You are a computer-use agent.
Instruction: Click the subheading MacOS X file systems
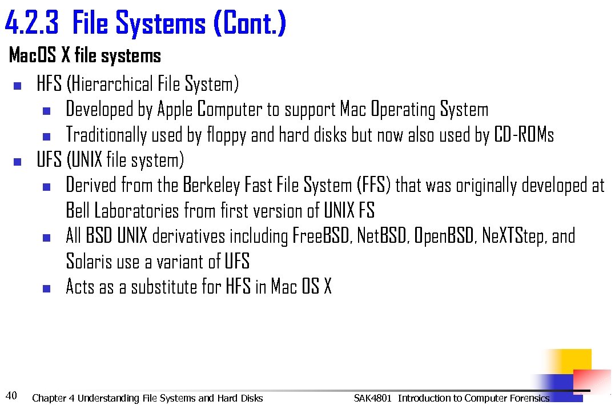coord(85,56)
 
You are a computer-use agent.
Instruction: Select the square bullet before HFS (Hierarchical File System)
coord(17,87)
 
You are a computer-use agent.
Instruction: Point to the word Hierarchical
coord(111,85)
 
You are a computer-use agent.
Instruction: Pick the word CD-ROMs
coord(524,135)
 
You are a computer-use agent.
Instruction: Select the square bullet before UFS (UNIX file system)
coord(17,162)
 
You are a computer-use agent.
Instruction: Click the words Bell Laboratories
coord(122,211)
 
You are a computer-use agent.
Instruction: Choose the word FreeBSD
coord(321,236)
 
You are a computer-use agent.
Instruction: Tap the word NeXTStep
coord(513,236)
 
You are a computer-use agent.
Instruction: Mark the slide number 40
coord(11,395)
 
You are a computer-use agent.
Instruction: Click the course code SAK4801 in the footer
coord(372,398)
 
